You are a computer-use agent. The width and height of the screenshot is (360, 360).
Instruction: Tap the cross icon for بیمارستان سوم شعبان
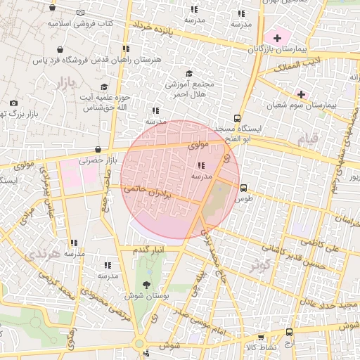click(x=302, y=94)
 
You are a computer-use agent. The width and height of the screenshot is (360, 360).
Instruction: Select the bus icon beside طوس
click(x=243, y=188)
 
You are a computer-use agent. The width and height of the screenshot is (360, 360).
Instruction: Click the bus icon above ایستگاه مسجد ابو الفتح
click(x=237, y=119)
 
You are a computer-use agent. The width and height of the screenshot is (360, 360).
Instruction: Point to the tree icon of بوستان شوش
click(x=146, y=284)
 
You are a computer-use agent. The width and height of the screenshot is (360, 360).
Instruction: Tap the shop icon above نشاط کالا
click(x=289, y=333)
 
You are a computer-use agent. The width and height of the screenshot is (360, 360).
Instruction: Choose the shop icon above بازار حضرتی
click(x=96, y=149)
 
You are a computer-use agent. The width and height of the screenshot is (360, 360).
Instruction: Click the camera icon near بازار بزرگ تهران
click(x=14, y=103)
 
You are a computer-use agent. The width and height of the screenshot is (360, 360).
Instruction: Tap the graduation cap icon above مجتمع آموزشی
click(x=188, y=73)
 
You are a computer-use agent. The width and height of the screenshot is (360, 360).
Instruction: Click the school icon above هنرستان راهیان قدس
click(x=126, y=49)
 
